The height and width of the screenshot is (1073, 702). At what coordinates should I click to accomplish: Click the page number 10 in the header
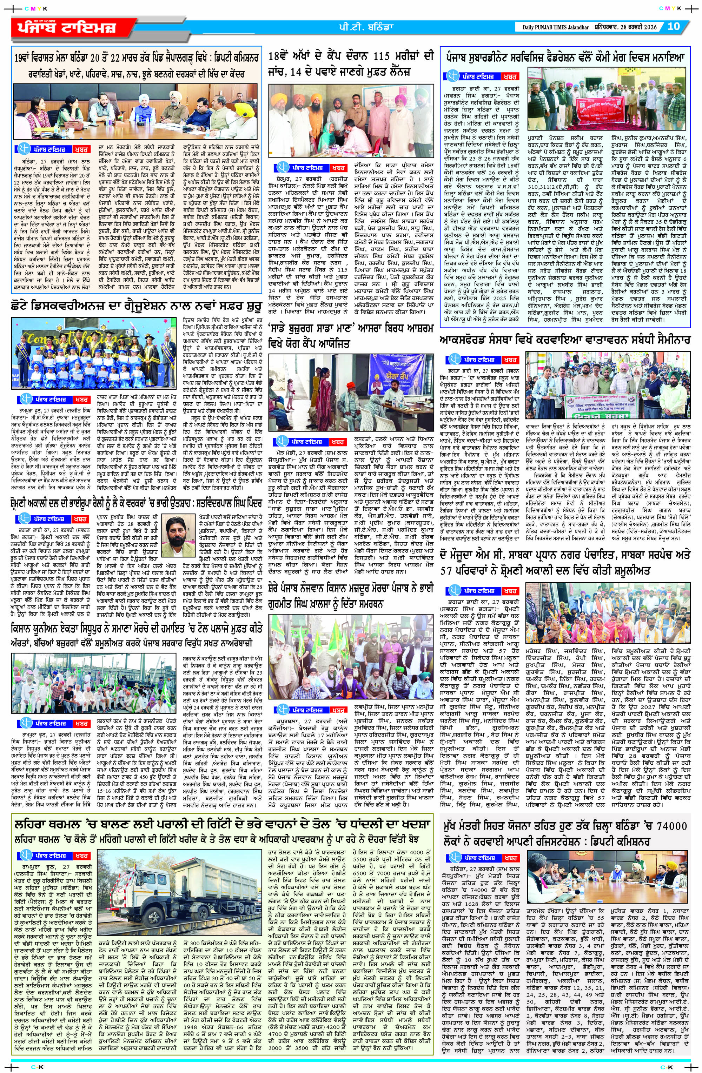coord(673,27)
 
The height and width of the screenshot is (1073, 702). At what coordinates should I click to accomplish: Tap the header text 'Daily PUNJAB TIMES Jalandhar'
coord(556,27)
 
